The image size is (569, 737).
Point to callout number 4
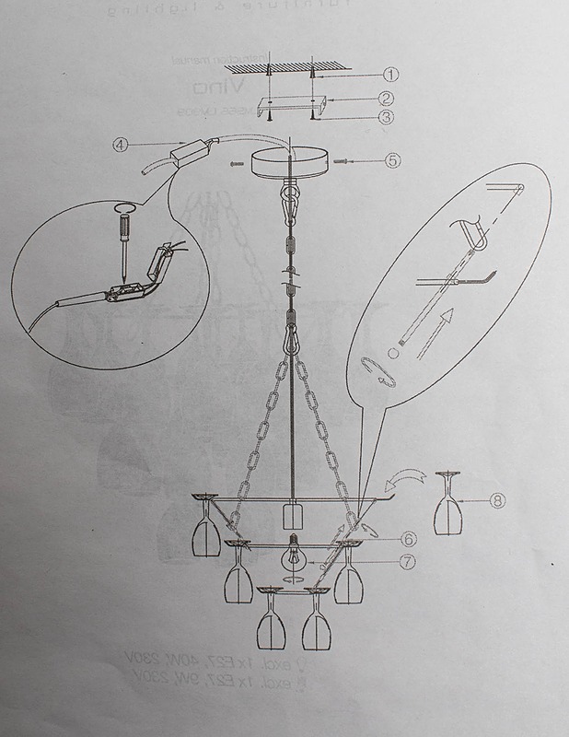point(119,144)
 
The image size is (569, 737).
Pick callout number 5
point(393,159)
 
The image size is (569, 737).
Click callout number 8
point(497,501)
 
